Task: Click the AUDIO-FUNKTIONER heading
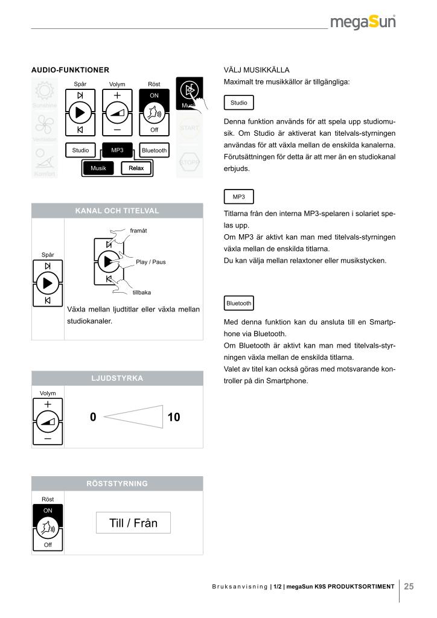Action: [x=70, y=71]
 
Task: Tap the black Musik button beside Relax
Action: [x=98, y=168]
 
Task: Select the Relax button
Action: [x=136, y=168]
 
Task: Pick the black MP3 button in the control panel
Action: [x=117, y=150]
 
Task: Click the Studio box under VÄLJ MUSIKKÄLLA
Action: [x=238, y=103]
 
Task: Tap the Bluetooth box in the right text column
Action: [x=238, y=302]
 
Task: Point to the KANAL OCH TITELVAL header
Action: [x=117, y=211]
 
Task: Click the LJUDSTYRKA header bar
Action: [x=117, y=378]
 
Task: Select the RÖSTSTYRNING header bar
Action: [x=117, y=483]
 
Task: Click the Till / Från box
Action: [x=133, y=523]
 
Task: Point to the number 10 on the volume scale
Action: [x=174, y=417]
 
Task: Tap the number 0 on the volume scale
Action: [x=93, y=417]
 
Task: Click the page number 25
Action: [x=409, y=585]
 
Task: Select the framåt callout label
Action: [x=139, y=231]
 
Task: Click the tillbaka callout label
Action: [x=141, y=293]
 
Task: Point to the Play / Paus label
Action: [x=150, y=262]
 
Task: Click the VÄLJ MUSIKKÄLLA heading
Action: [x=257, y=71]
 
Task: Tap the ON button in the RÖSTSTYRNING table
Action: [x=48, y=511]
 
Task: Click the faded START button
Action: [x=190, y=127]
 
